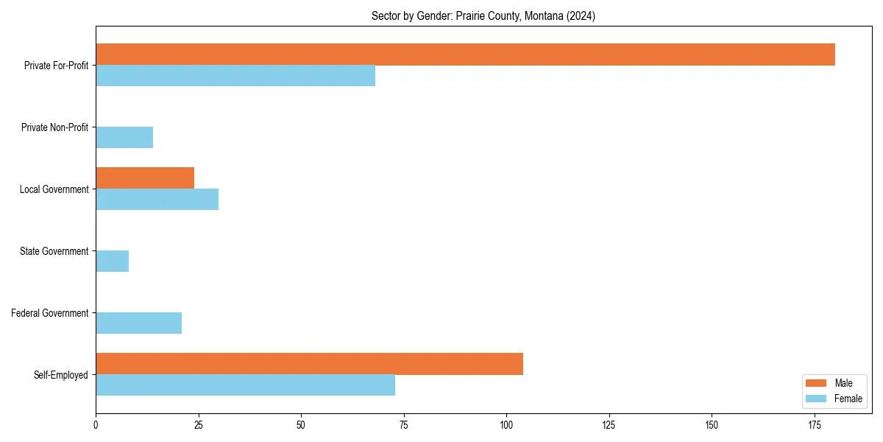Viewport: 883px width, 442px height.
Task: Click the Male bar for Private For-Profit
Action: [x=465, y=55]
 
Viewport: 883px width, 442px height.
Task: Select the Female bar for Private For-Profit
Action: [x=235, y=76]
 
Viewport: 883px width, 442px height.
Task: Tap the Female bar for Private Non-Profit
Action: [x=124, y=138]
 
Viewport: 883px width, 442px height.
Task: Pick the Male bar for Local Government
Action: [x=145, y=178]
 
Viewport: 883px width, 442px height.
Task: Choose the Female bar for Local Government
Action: [x=157, y=200]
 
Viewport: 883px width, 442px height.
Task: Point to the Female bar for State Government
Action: [x=112, y=262]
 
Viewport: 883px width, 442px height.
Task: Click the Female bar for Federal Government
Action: [x=138, y=323]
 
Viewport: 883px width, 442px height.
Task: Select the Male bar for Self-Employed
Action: [x=309, y=364]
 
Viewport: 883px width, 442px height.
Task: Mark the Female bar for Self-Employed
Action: [x=245, y=385]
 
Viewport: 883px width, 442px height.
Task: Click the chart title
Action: [x=483, y=16]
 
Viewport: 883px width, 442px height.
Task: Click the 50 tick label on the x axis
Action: [x=301, y=425]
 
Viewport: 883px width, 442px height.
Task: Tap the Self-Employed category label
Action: [x=61, y=375]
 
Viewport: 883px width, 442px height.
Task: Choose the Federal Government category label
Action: [x=50, y=313]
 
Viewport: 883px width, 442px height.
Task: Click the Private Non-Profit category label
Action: [x=54, y=127]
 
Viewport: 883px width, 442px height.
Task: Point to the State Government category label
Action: [x=54, y=251]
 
